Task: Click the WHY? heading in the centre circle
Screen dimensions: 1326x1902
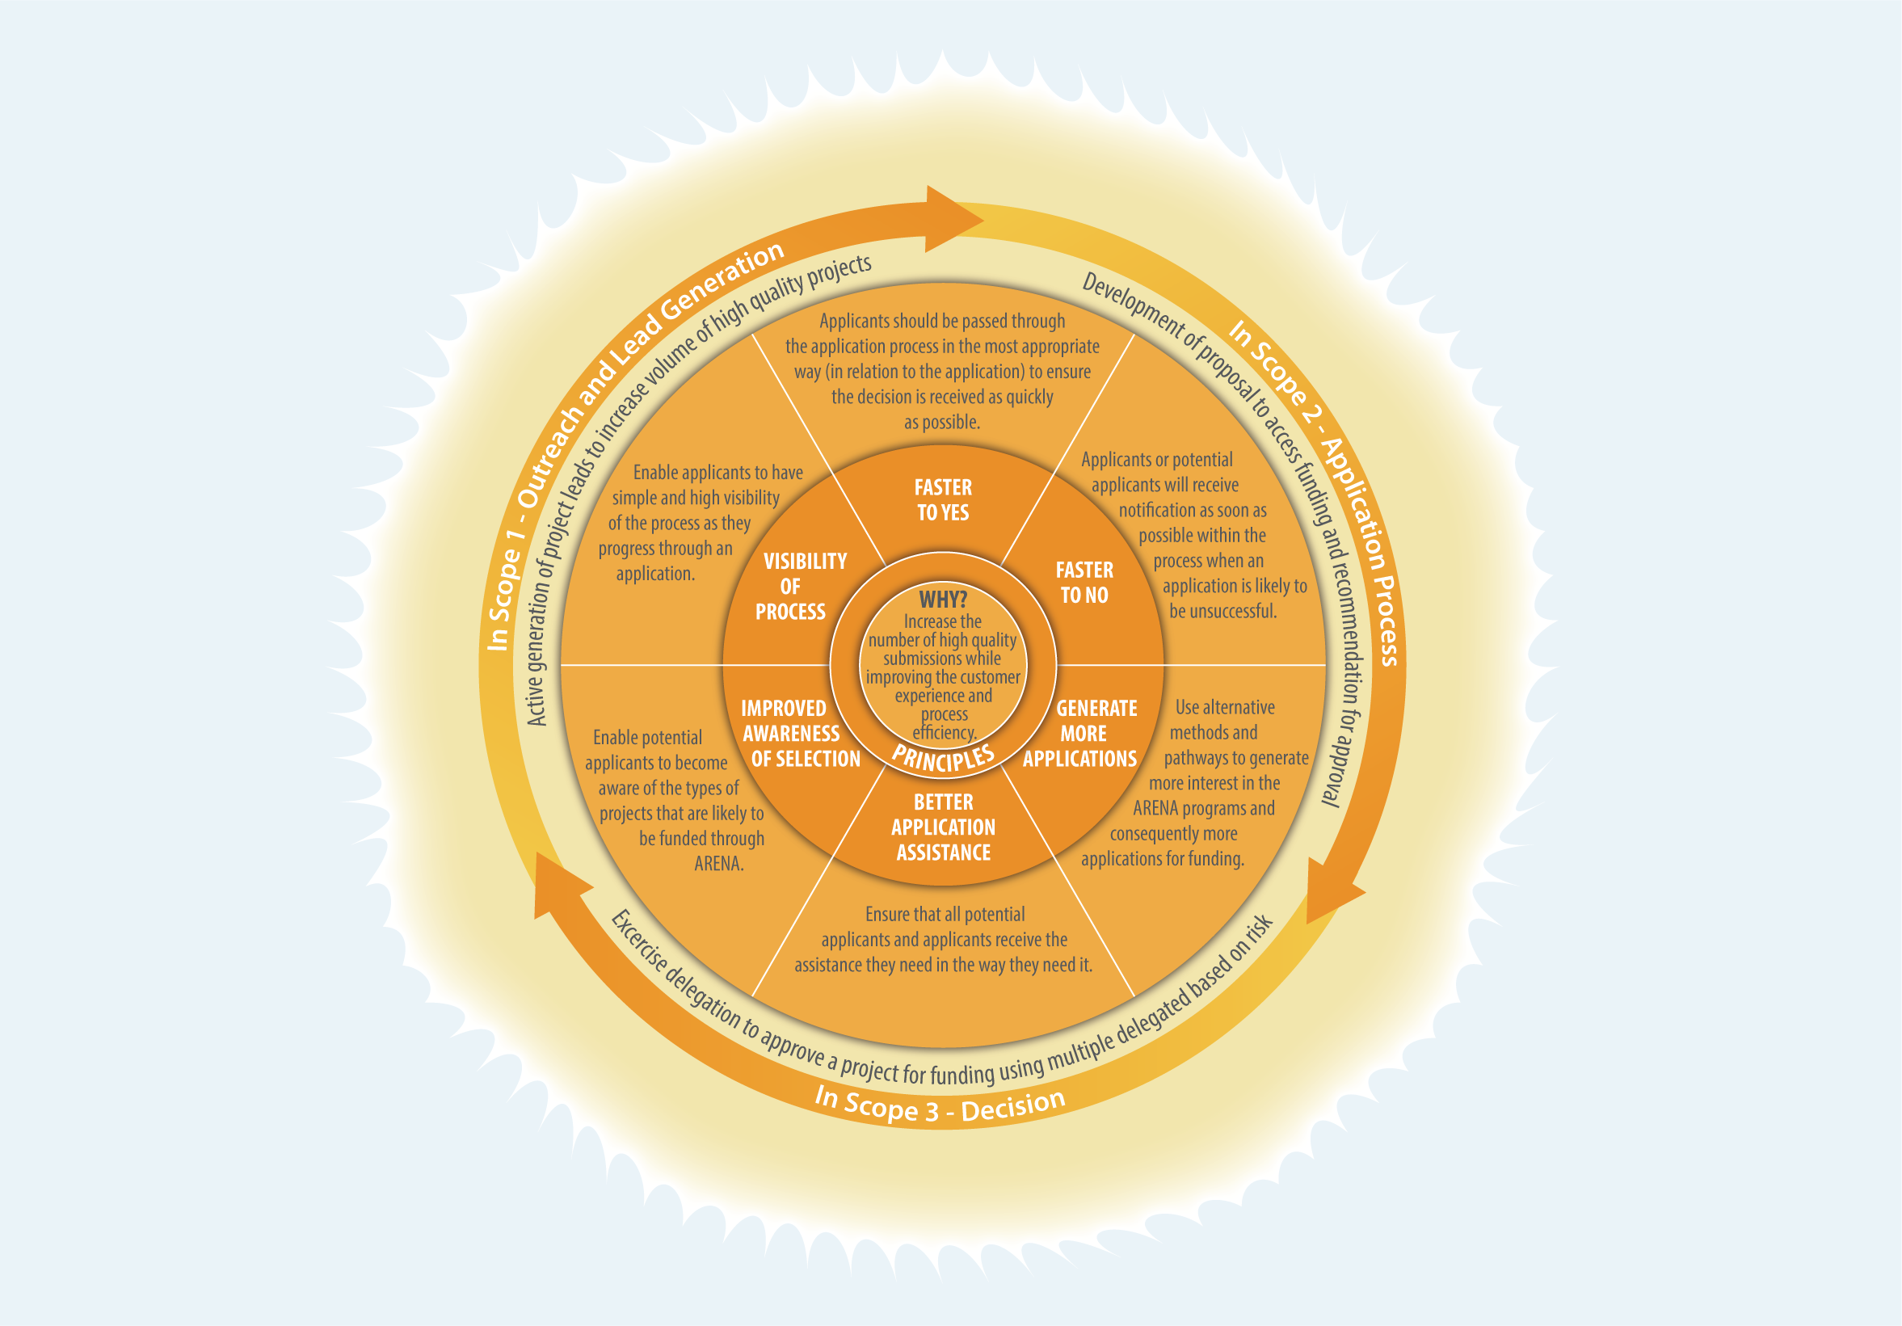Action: pos(943,600)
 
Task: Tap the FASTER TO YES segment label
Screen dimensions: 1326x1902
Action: pos(943,499)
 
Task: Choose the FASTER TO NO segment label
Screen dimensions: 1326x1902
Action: pos(1084,583)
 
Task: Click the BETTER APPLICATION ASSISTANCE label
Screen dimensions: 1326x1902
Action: pos(944,827)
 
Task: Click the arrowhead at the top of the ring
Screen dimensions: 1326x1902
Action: pos(953,220)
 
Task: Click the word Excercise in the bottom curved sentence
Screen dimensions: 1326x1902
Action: pos(638,941)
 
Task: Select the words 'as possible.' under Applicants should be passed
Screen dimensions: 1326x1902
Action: pos(942,423)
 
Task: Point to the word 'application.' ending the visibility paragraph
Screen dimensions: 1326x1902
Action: pos(654,574)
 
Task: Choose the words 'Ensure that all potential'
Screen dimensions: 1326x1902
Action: pos(945,915)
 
